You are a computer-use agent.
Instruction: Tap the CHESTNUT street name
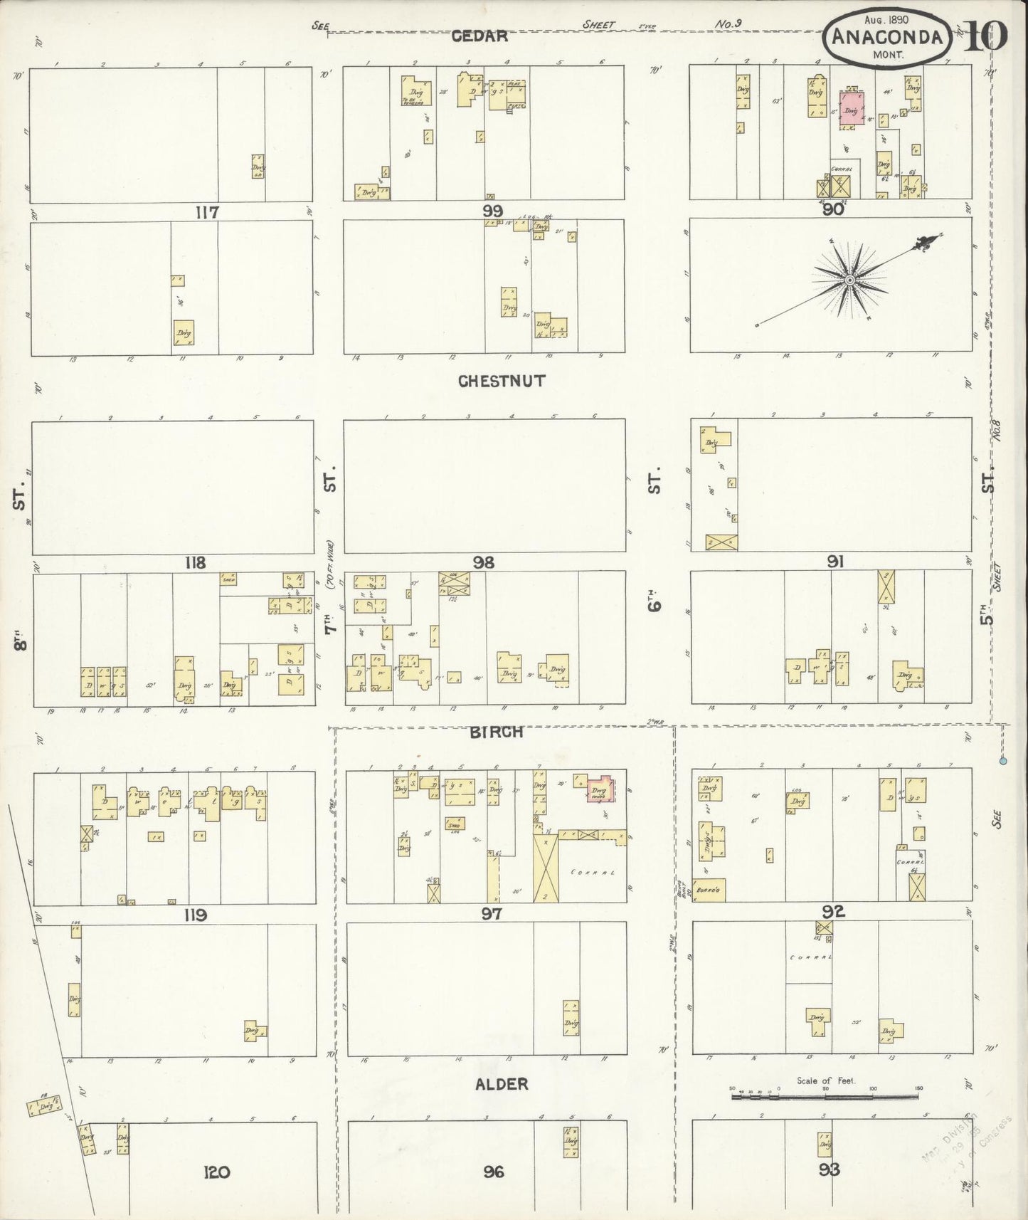point(502,382)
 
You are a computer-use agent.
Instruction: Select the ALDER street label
point(502,1084)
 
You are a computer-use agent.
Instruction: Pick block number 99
point(492,211)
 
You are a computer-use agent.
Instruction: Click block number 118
point(195,563)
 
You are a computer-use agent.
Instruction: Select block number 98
point(484,563)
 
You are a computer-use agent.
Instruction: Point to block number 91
point(835,562)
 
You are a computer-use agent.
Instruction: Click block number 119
point(196,915)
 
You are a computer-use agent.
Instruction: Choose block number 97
point(492,914)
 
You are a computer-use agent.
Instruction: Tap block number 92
point(833,911)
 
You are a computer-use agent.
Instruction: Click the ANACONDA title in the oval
point(888,37)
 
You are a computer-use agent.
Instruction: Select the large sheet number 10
point(986,36)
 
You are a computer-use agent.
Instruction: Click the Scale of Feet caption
point(826,1080)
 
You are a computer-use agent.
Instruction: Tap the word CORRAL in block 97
point(592,871)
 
